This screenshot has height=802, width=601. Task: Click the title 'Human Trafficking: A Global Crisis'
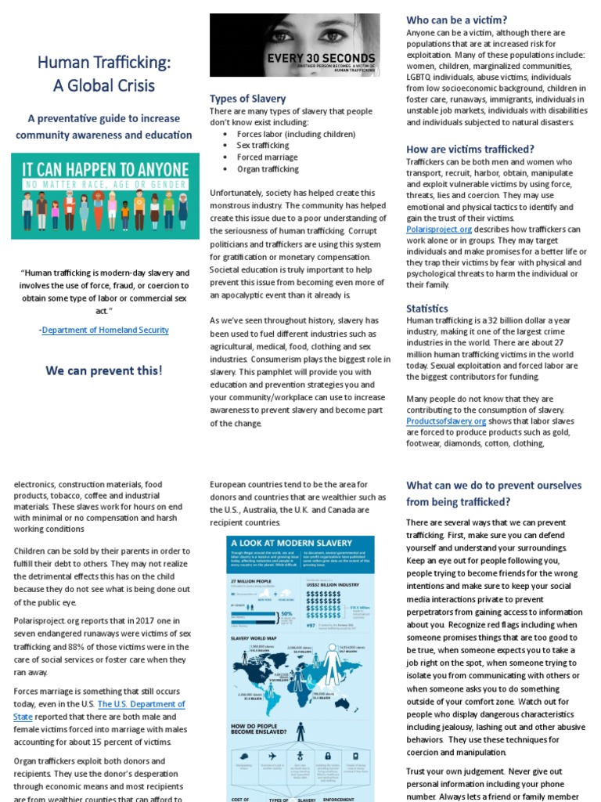tap(103, 74)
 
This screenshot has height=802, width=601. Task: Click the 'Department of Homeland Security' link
tap(106, 330)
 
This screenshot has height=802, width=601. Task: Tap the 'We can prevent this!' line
tap(103, 370)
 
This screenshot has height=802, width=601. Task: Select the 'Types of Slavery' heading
tap(247, 99)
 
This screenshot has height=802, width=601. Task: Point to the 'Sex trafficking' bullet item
tap(263, 146)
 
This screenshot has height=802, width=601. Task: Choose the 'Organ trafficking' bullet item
tap(268, 169)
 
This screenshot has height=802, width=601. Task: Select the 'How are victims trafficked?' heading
tap(470, 149)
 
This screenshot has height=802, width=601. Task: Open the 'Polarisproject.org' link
tap(439, 229)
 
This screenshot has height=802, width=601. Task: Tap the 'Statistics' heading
tap(427, 309)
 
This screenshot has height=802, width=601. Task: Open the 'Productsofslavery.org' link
tap(446, 421)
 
